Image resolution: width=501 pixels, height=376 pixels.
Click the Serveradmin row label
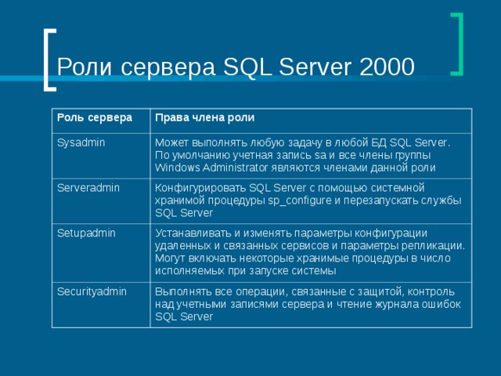pyautogui.click(x=86, y=188)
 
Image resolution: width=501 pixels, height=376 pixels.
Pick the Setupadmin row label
pyautogui.click(x=85, y=233)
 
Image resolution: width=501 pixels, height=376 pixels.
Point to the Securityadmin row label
pyautogui.click(x=91, y=291)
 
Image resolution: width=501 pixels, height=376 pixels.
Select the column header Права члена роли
pyautogui.click(x=204, y=118)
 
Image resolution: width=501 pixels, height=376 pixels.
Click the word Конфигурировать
pyautogui.click(x=200, y=188)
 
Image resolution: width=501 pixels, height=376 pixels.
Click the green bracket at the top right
pyautogui.click(x=456, y=45)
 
